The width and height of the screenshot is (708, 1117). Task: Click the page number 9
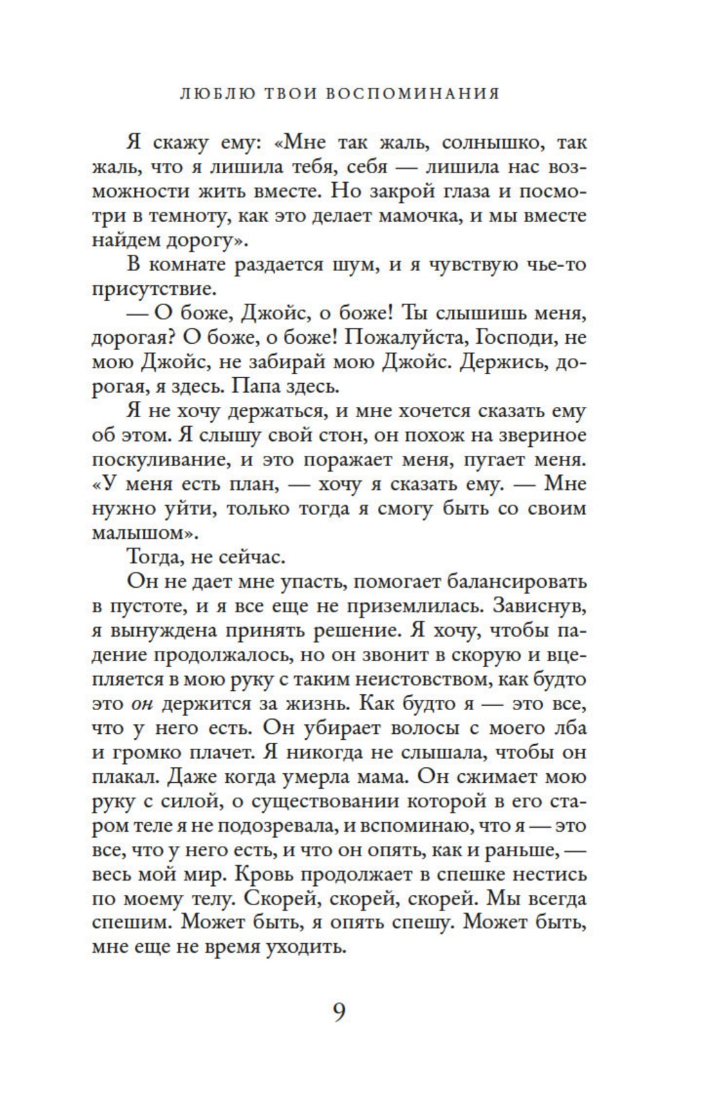coord(339,1012)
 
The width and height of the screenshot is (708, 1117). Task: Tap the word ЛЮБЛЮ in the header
coord(214,94)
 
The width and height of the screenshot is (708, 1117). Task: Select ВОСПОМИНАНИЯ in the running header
coord(411,94)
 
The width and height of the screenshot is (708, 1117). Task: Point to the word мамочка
coord(417,216)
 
